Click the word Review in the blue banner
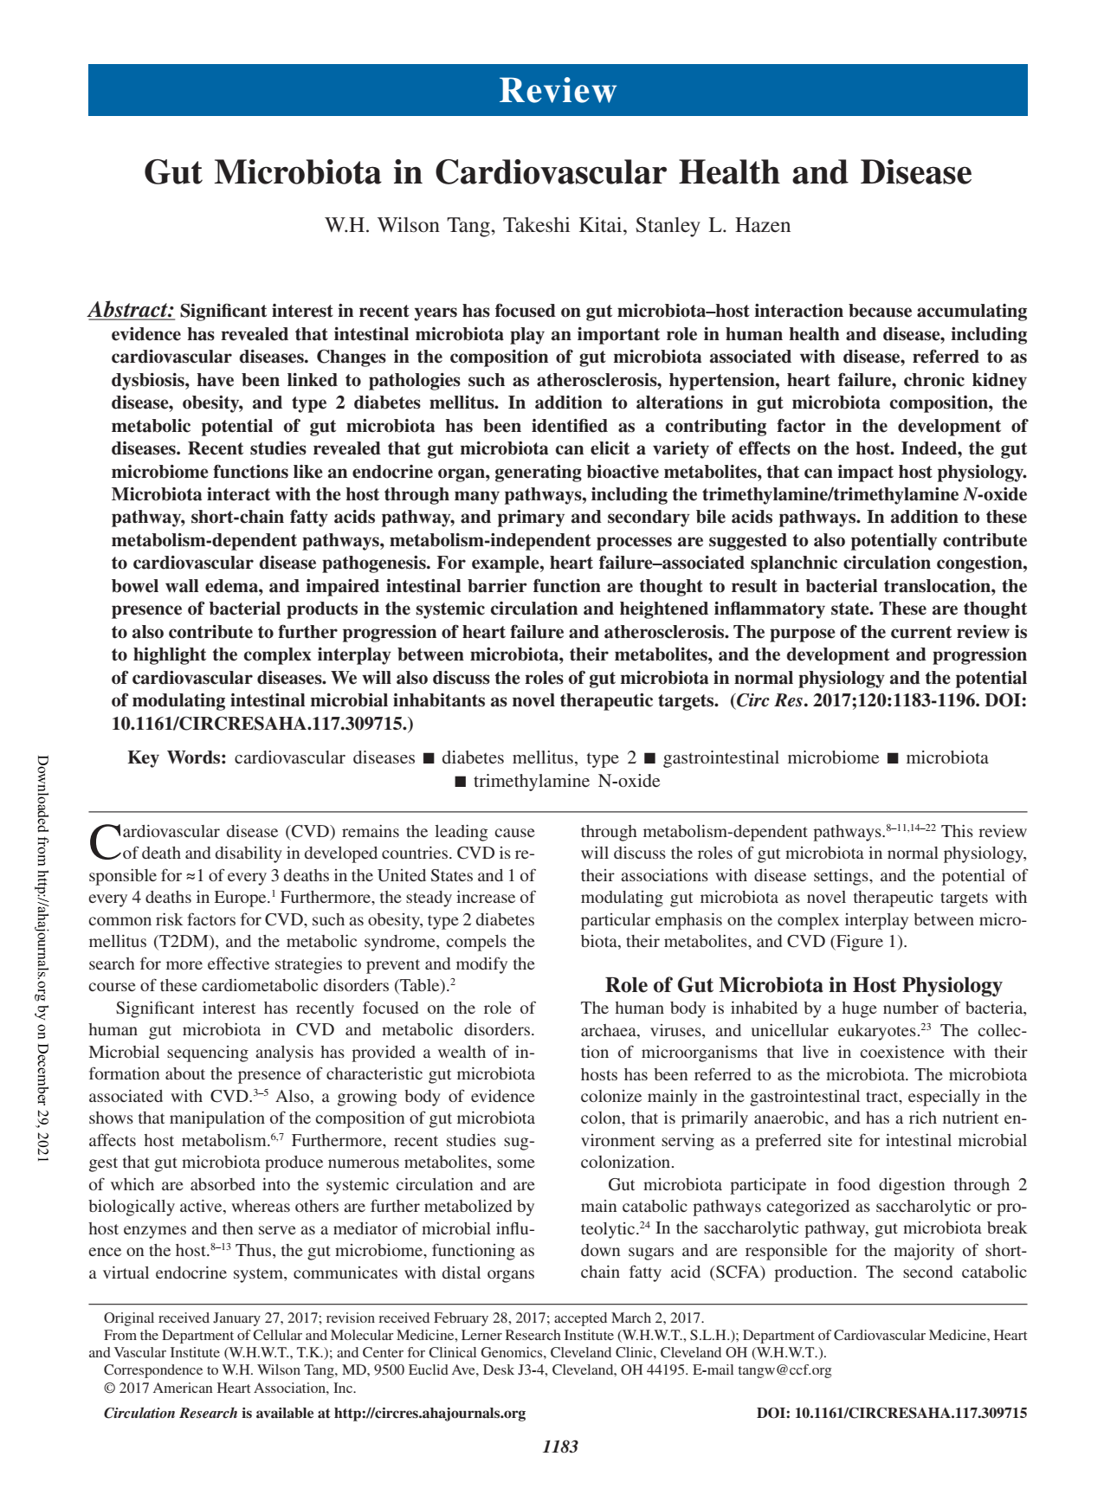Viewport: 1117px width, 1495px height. (558, 91)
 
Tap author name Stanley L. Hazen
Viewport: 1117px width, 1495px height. (713, 226)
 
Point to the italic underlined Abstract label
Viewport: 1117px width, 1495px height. (132, 311)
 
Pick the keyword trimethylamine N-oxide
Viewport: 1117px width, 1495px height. (566, 782)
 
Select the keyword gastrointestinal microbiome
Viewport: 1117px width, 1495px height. (771, 758)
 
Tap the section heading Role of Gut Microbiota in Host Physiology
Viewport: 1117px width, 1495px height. (803, 985)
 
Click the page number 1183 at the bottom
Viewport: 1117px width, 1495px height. (559, 1447)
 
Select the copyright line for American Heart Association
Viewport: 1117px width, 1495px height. (229, 1389)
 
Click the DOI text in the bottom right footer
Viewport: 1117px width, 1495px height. (891, 1414)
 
